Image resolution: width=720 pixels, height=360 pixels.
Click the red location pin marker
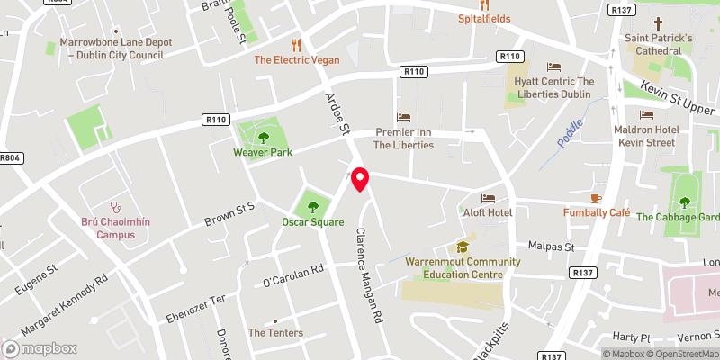[x=360, y=179]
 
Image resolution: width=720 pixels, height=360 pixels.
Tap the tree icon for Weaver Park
[x=264, y=138]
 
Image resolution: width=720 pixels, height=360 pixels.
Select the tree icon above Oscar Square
[x=313, y=206]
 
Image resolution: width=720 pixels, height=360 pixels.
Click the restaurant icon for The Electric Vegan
[x=295, y=45]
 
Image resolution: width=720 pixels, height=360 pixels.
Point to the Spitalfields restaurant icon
[x=484, y=4]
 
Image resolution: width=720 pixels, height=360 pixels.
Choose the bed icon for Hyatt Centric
[x=553, y=67]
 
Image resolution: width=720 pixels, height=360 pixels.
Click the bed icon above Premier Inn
[x=403, y=118]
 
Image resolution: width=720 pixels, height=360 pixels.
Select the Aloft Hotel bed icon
[x=489, y=198]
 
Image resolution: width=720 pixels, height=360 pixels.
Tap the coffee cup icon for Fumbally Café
[x=594, y=198]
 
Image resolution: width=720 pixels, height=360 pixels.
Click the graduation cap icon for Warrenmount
[x=463, y=247]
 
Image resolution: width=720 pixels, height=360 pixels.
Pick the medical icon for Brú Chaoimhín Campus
[x=114, y=206]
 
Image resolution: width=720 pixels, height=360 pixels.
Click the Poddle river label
[x=570, y=135]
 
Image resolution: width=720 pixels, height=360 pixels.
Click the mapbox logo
[x=40, y=348]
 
